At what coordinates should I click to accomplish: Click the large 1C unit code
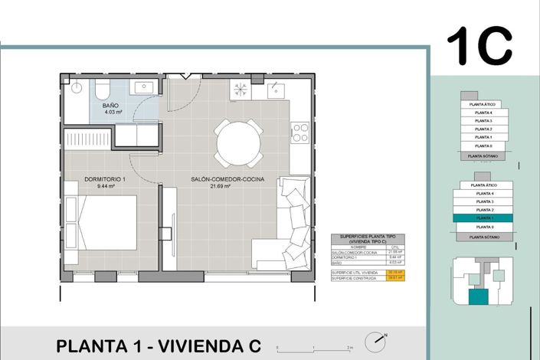pos(479,45)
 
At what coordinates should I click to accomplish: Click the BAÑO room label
pos(110,105)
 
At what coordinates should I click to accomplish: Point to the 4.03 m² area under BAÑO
pos(113,113)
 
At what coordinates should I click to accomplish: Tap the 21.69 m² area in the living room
pos(227,186)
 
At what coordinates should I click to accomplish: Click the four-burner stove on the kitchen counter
pos(299,132)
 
